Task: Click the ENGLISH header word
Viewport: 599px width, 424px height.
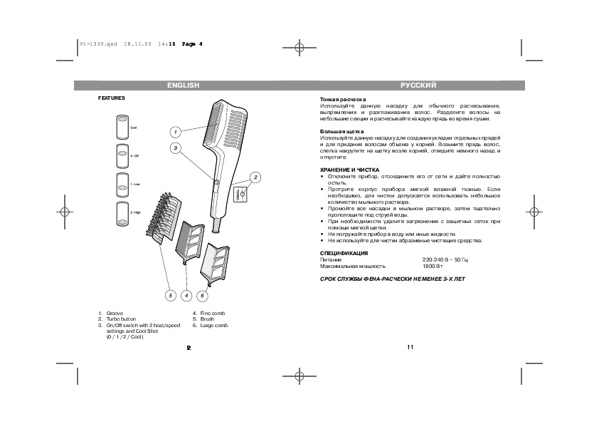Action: (183, 86)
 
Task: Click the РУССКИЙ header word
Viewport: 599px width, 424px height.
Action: (418, 86)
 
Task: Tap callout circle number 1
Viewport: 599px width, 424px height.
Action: (175, 132)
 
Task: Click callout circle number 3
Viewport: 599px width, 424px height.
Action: (175, 148)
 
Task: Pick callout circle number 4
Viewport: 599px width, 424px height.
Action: (186, 294)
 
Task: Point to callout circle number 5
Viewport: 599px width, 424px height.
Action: (170, 294)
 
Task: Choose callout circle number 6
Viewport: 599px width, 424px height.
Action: (203, 294)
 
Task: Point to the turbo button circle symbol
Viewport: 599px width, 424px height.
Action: (242, 193)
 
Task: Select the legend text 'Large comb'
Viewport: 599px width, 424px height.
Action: (214, 325)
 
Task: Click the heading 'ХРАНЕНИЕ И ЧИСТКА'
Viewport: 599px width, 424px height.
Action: (344, 170)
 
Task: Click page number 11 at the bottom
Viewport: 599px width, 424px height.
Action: (410, 347)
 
